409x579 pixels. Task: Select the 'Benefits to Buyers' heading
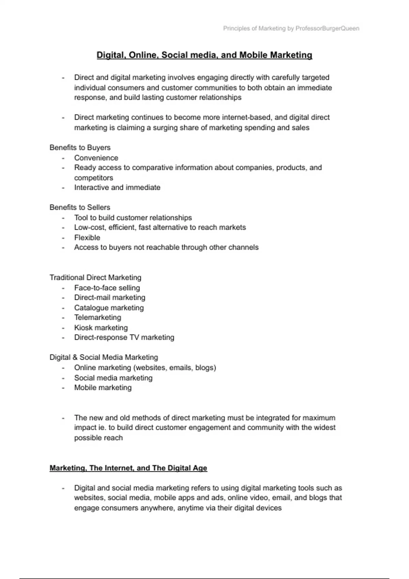(80, 148)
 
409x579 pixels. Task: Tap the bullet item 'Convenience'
(96, 158)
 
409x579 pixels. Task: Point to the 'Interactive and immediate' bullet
(117, 188)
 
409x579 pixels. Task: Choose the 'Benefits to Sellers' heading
(80, 207)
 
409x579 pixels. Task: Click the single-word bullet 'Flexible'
(87, 238)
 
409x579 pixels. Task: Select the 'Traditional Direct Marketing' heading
(95, 278)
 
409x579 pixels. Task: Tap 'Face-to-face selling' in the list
(107, 288)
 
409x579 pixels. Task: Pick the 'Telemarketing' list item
(98, 318)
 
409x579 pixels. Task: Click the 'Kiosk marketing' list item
(101, 328)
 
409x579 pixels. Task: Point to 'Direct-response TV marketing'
(124, 338)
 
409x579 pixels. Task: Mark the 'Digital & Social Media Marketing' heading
(104, 358)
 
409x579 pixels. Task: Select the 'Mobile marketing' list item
(103, 388)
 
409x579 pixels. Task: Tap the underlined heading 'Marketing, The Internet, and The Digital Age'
(128, 468)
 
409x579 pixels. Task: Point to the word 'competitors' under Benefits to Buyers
(94, 178)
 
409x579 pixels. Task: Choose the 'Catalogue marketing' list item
(109, 308)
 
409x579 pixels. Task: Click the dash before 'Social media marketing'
(63, 378)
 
